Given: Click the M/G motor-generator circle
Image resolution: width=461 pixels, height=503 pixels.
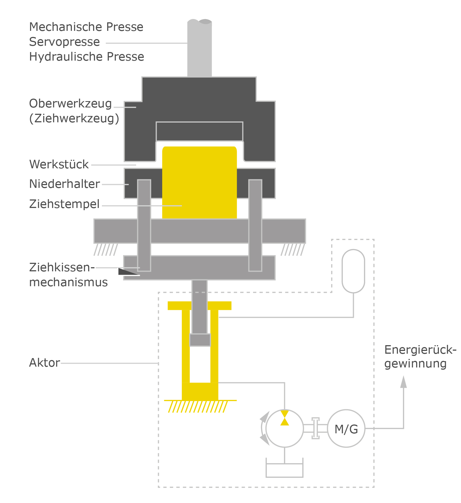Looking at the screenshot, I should (x=346, y=428).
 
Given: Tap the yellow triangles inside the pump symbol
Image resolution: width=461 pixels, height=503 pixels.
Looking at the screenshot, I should (x=284, y=418).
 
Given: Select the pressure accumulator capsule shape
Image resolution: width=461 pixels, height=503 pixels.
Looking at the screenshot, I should (x=353, y=271).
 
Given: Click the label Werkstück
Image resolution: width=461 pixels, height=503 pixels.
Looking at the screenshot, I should (x=59, y=164).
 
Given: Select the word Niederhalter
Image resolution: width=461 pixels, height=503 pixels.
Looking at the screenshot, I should (x=64, y=184).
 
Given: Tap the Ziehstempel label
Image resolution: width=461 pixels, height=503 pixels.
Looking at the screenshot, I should (x=64, y=204).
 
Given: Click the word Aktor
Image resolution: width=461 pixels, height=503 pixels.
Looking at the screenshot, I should (x=44, y=363).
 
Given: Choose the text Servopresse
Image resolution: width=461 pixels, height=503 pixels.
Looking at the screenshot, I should (x=64, y=42).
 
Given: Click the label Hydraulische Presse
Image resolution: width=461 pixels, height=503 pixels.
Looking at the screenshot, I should (x=86, y=57).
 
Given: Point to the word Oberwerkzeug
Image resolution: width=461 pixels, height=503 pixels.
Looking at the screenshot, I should (x=70, y=104).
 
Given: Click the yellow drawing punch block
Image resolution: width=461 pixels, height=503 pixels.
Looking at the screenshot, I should (x=199, y=182).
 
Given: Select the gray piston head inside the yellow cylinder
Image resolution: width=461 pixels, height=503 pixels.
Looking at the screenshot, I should (x=200, y=340).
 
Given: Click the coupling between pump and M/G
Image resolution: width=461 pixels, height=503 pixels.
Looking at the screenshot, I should (x=316, y=428).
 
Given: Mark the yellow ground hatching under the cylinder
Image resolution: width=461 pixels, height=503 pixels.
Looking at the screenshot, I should (x=198, y=407).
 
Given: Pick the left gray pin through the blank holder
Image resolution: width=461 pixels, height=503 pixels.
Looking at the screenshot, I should (x=144, y=225).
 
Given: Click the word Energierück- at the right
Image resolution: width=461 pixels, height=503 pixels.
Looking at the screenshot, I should (x=420, y=350).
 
